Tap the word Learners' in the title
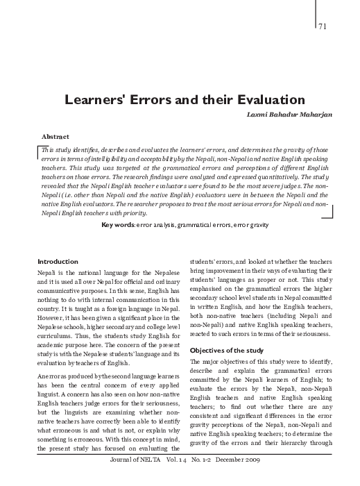(97, 99)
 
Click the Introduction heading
(58, 261)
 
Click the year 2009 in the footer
(257, 479)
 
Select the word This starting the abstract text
(49, 151)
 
